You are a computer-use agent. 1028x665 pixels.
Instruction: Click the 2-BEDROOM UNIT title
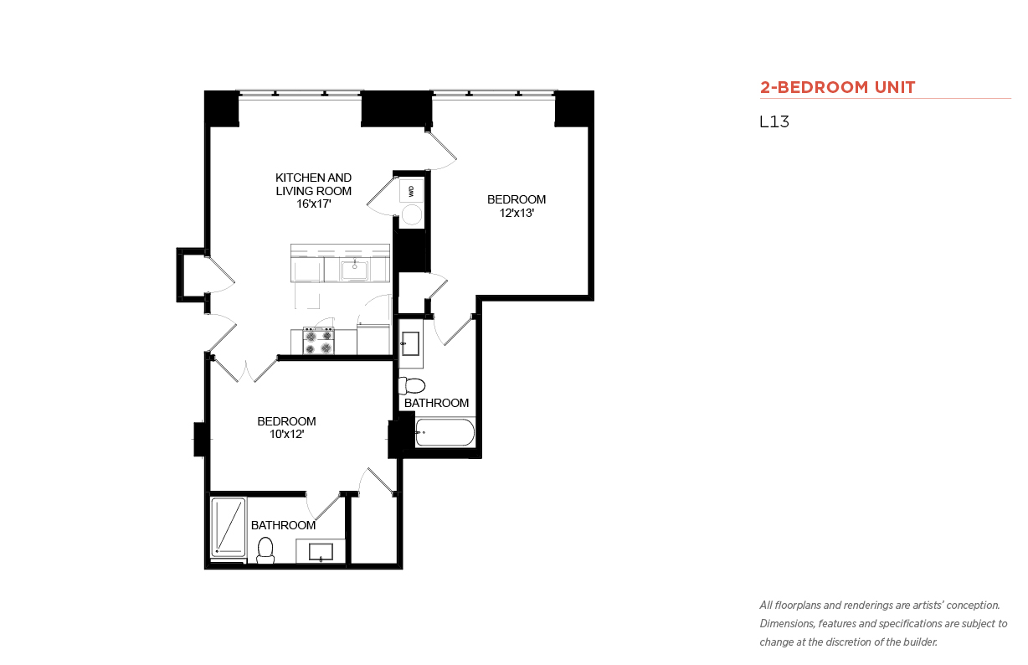pos(837,87)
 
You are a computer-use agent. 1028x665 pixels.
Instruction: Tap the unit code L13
pos(774,121)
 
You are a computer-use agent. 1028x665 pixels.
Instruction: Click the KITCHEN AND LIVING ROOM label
pos(313,184)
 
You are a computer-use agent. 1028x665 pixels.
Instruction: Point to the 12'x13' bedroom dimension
pos(517,213)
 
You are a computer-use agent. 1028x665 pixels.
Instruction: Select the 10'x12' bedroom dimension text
pos(287,434)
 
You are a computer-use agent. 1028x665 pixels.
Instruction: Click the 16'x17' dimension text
pos(314,204)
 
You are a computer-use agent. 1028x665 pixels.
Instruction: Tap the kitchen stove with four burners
pos(318,341)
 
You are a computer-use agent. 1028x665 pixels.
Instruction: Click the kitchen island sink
pos(354,270)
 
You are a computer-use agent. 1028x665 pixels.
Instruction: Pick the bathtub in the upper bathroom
pos(445,432)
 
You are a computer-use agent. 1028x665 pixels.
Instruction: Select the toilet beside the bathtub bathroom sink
pos(411,385)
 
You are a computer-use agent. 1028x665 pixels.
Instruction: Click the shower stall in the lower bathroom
pos(229,528)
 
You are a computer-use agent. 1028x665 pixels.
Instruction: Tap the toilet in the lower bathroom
pos(265,550)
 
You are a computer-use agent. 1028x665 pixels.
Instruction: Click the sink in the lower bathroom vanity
pos(321,552)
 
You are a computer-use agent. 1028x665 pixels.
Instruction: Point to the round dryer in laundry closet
pos(411,215)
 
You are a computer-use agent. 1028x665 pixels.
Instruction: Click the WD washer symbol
pos(411,191)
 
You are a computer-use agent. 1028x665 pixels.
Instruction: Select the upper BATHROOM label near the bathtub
pos(436,403)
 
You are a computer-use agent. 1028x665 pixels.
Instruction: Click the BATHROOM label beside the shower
pos(283,525)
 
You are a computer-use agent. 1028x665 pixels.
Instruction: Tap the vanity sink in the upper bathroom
pos(410,344)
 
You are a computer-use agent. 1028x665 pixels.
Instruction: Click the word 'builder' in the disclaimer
pos(920,642)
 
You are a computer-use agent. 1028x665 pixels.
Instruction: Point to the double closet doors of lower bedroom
pos(246,370)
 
